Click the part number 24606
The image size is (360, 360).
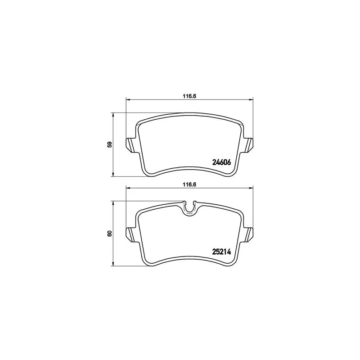point(221,162)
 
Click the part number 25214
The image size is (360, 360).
point(221,252)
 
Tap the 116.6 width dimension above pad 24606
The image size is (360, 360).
point(189,96)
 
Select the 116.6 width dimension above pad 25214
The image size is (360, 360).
point(189,184)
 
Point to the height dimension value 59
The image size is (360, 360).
point(110,144)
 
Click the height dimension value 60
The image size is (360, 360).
point(110,234)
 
